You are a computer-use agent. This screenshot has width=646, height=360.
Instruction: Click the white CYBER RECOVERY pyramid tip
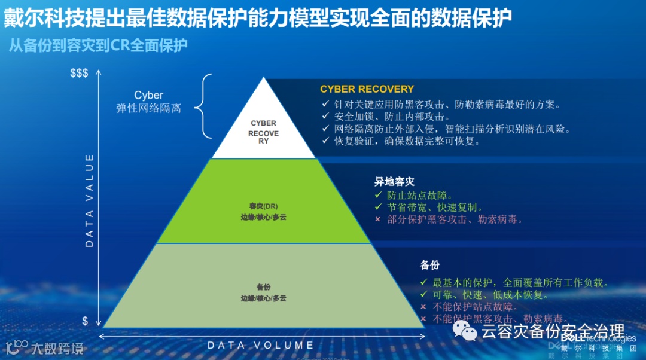[x=264, y=129]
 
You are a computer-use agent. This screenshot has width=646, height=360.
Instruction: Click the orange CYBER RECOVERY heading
[x=367, y=89]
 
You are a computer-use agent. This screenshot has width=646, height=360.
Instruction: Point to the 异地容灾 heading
[x=394, y=182]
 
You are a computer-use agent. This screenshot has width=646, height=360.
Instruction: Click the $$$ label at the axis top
[x=79, y=73]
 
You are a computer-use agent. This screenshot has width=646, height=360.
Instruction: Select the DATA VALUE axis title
[x=89, y=200]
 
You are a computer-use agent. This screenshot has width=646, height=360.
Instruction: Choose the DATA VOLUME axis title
[x=260, y=345]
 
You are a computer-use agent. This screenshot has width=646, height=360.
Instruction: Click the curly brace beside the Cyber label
[x=203, y=106]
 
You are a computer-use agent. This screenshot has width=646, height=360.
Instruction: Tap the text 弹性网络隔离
[x=148, y=109]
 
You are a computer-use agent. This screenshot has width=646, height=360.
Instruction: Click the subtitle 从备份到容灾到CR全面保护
[x=98, y=45]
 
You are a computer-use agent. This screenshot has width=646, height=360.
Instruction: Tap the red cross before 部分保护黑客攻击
[x=377, y=219]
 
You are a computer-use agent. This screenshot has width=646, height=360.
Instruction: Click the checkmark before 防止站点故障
[x=377, y=196]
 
